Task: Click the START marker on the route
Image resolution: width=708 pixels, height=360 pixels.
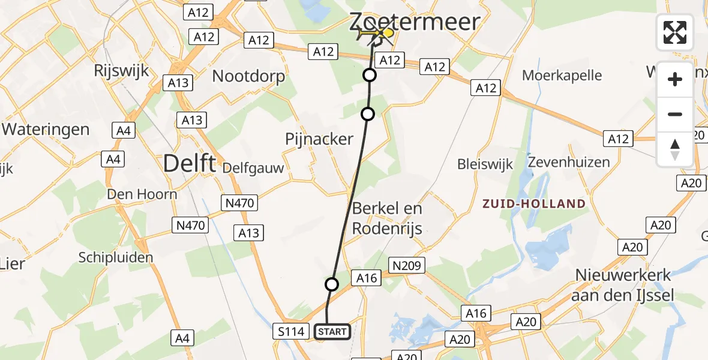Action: coord(332,332)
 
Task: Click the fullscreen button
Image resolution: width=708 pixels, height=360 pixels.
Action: coord(675,32)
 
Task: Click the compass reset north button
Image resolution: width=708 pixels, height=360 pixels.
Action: coord(675,149)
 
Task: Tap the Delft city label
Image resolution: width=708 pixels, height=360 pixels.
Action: coord(188,163)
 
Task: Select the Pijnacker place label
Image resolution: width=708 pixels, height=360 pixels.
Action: coord(319,139)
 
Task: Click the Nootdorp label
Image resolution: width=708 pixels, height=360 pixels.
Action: coord(248,76)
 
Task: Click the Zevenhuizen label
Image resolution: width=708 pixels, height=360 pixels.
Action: coord(569,162)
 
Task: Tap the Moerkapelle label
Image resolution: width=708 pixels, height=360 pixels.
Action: coord(562,76)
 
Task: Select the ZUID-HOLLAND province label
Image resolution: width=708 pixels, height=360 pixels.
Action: coord(534,203)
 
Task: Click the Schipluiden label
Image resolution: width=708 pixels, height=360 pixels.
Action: coord(116,257)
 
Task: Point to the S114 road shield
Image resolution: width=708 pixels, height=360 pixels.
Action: coord(290,331)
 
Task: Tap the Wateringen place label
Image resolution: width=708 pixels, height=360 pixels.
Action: coord(46,129)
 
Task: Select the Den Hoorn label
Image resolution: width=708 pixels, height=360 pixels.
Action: coord(142,194)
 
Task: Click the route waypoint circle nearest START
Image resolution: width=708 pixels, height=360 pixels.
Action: coord(331,284)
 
